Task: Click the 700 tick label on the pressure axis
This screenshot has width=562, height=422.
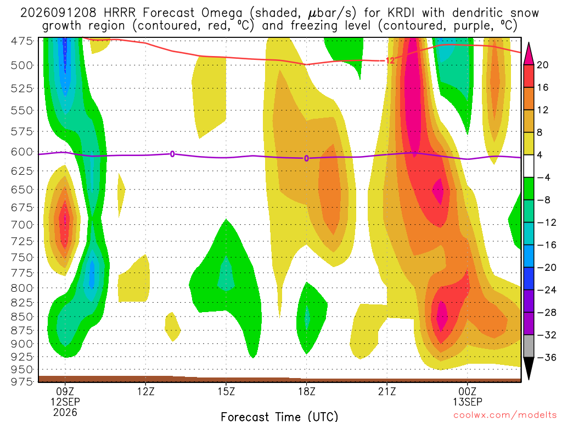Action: [x=22, y=225]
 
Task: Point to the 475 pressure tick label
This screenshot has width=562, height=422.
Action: [x=22, y=41]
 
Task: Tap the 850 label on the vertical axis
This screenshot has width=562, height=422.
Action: [x=22, y=317]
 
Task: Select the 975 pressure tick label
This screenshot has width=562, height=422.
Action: [x=22, y=381]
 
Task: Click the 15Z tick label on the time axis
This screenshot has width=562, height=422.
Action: [x=226, y=391]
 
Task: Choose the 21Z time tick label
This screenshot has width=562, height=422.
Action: [x=387, y=391]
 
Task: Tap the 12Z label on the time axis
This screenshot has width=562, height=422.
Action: [x=145, y=391]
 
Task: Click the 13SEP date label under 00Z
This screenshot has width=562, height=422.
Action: [x=468, y=402]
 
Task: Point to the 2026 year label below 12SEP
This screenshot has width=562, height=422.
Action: [x=65, y=412]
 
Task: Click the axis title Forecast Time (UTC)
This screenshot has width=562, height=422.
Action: [x=279, y=417]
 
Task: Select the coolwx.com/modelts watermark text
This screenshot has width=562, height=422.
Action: [x=505, y=415]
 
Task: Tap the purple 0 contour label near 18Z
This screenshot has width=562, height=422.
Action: [x=306, y=158]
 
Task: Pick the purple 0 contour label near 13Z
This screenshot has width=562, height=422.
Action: [x=172, y=154]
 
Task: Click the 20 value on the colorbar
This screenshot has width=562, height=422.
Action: [x=543, y=65]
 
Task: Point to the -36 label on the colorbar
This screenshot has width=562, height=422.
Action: [x=547, y=357]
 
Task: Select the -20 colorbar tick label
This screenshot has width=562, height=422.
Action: [x=547, y=268]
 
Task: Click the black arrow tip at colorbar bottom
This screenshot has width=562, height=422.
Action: [x=529, y=380]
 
